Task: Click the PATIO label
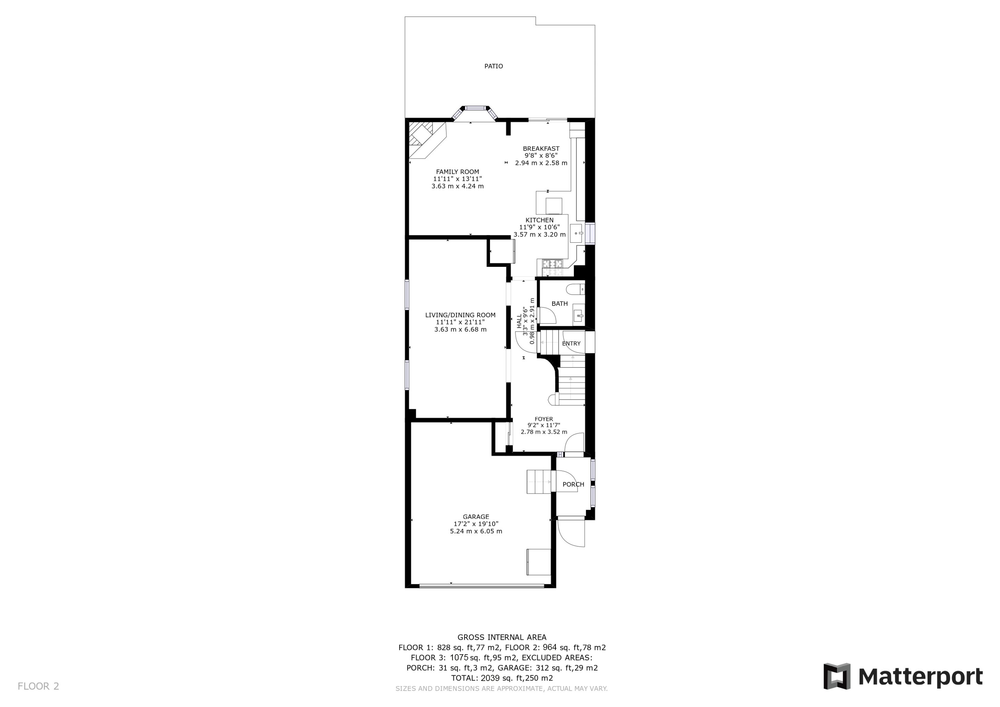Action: [x=493, y=66]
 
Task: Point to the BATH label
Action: [x=560, y=304]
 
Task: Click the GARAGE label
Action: [x=476, y=517]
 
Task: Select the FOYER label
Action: [x=544, y=419]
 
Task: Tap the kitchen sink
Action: [x=577, y=233]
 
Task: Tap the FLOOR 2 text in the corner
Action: [x=38, y=686]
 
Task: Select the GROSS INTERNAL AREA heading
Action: [x=502, y=637]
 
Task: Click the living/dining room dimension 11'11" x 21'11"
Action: [x=460, y=322]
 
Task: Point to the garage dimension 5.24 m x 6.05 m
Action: [x=476, y=531]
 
